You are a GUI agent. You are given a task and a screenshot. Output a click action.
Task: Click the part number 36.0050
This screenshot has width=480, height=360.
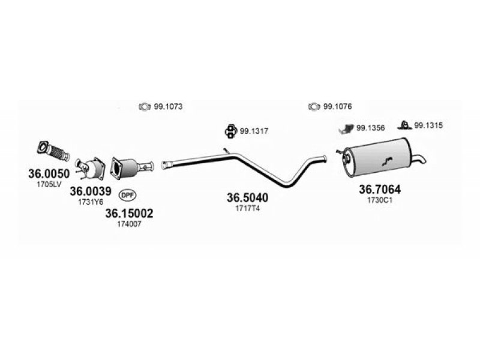49,173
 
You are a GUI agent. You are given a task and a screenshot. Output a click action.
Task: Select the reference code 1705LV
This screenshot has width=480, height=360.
49,184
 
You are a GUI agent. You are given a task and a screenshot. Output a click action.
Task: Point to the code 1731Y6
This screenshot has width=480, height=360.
91,202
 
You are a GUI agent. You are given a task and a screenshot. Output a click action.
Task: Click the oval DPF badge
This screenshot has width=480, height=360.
127,194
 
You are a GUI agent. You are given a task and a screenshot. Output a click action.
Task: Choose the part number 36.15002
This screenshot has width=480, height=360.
129,212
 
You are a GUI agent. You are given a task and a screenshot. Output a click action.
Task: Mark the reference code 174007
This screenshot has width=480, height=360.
129,224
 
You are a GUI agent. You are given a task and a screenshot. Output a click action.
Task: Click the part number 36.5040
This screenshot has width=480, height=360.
247,197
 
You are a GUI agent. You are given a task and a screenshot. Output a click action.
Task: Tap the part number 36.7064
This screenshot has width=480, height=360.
380,190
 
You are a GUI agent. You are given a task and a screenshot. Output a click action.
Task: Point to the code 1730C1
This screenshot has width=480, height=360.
380,200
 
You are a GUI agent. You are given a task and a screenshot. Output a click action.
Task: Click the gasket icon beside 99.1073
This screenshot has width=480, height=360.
144,107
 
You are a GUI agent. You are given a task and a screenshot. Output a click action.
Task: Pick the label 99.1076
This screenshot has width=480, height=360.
337,107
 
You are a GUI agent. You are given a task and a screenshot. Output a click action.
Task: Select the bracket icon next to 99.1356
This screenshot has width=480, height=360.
346,128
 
